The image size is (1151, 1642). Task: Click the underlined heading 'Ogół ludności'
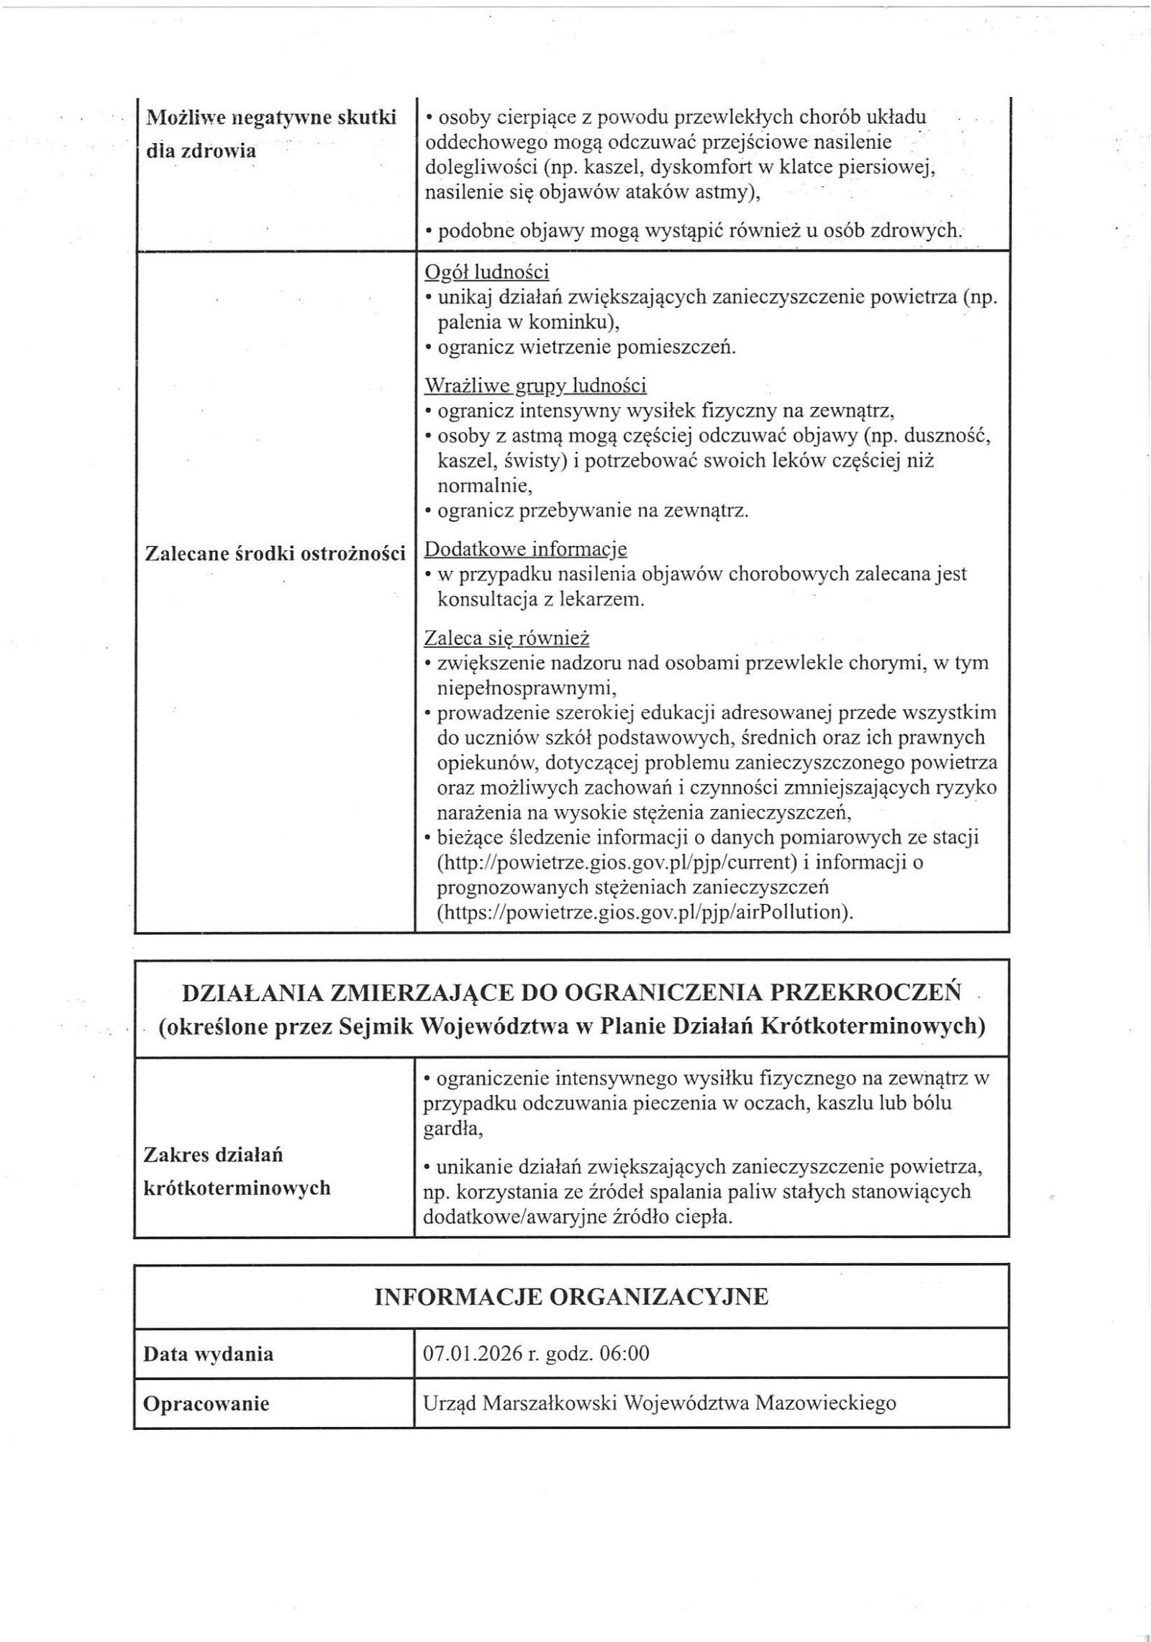point(487,272)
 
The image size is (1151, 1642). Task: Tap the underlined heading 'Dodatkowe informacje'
point(525,549)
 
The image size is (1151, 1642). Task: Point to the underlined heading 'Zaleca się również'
point(506,637)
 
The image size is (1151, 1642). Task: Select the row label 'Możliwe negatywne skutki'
point(270,119)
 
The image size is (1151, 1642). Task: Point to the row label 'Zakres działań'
point(214,1154)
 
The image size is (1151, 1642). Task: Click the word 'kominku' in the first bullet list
point(575,322)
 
